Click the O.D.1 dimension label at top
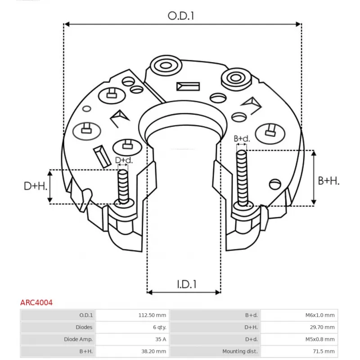pyautogui.click(x=181, y=16)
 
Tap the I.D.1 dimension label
pyautogui.click(x=186, y=284)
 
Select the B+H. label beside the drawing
pyautogui.click(x=328, y=181)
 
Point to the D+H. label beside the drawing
pyautogui.click(x=36, y=186)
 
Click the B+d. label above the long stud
pyautogui.click(x=241, y=139)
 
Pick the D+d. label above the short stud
pyautogui.click(x=124, y=160)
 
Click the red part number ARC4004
pyautogui.click(x=36, y=303)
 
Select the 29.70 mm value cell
pyautogui.click(x=322, y=328)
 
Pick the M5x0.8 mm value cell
pyautogui.click(x=319, y=339)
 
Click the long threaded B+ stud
pyautogui.click(x=242, y=178)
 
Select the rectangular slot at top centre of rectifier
pyautogui.click(x=188, y=85)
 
